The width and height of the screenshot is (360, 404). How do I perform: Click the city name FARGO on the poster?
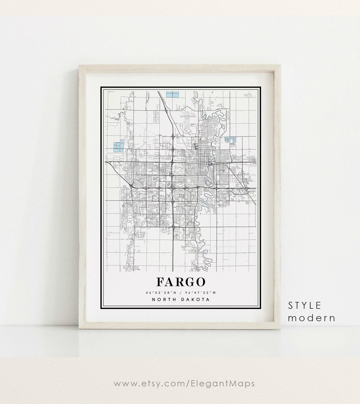180,282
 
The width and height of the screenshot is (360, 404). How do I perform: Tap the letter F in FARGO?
161,282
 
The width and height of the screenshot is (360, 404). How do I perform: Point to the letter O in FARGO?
199,282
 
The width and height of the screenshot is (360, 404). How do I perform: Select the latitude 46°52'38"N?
159,293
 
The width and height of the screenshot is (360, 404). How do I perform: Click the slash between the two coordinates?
180,293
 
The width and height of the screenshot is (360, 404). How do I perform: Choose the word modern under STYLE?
312,318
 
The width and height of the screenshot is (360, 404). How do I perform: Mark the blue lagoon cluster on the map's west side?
119,146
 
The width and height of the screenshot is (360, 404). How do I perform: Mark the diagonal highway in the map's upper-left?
165,110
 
